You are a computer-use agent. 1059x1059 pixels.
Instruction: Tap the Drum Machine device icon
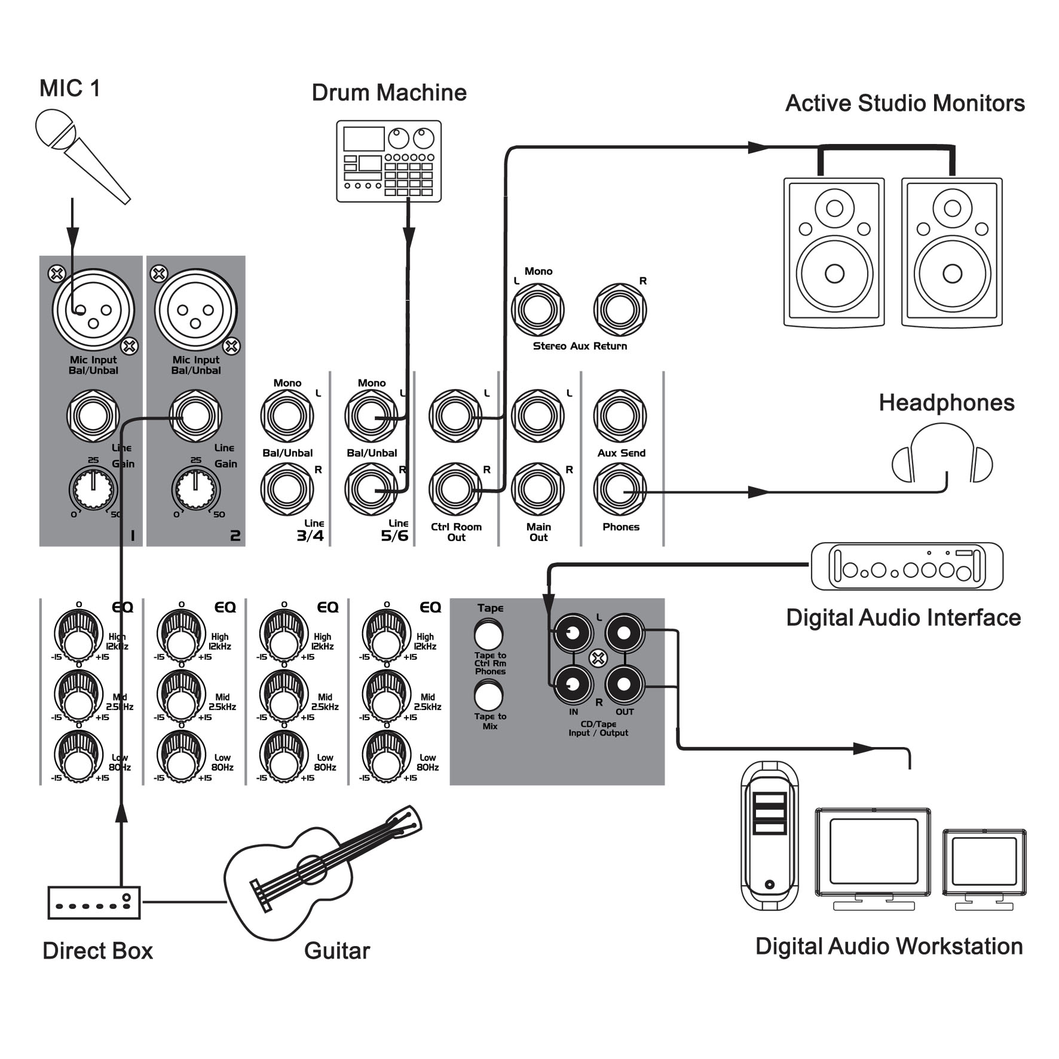pos(388,161)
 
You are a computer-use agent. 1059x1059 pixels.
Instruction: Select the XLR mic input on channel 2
pos(195,311)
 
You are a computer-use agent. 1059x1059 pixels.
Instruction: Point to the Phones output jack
pos(620,491)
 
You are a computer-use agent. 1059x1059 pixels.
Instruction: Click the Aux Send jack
pos(620,416)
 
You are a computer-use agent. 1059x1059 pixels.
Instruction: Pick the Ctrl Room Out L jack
pos(455,416)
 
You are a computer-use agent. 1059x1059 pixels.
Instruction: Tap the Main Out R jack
pos(538,491)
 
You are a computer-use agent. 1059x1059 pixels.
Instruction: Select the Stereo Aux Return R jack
pos(620,310)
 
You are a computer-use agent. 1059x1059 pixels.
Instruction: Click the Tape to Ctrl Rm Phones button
pos(489,635)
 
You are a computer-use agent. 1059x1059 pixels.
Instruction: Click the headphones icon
pos(942,454)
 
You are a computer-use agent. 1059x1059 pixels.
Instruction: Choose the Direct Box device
pos(94,902)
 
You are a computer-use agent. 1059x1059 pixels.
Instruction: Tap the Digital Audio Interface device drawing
pos(907,567)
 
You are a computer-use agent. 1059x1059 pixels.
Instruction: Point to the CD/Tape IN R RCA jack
pos(573,685)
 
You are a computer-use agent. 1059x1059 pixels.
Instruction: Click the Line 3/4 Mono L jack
pos(287,416)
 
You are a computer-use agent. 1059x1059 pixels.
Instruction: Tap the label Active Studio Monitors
pos(905,103)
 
